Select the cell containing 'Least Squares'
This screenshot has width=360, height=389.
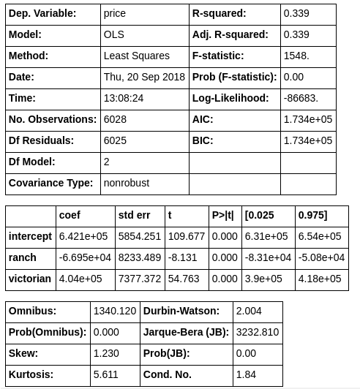[137, 56]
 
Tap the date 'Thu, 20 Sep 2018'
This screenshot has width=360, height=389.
[145, 77]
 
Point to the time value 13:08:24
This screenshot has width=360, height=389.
[124, 98]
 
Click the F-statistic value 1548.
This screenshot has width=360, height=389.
[296, 56]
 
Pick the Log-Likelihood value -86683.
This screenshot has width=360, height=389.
[301, 98]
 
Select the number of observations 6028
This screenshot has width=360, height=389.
[121, 119]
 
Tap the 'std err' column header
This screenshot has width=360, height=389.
[134, 215]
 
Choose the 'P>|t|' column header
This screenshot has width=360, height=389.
[223, 215]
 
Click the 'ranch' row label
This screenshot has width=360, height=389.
[23, 257]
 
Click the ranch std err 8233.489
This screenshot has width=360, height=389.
[140, 257]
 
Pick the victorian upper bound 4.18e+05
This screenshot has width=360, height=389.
[320, 279]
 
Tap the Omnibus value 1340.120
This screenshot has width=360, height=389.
[115, 311]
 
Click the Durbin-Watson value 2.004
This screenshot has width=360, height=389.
[249, 311]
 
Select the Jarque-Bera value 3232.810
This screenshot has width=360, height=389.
[258, 332]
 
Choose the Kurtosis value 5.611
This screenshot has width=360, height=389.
[106, 374]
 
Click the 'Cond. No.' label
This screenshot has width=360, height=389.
[168, 374]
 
